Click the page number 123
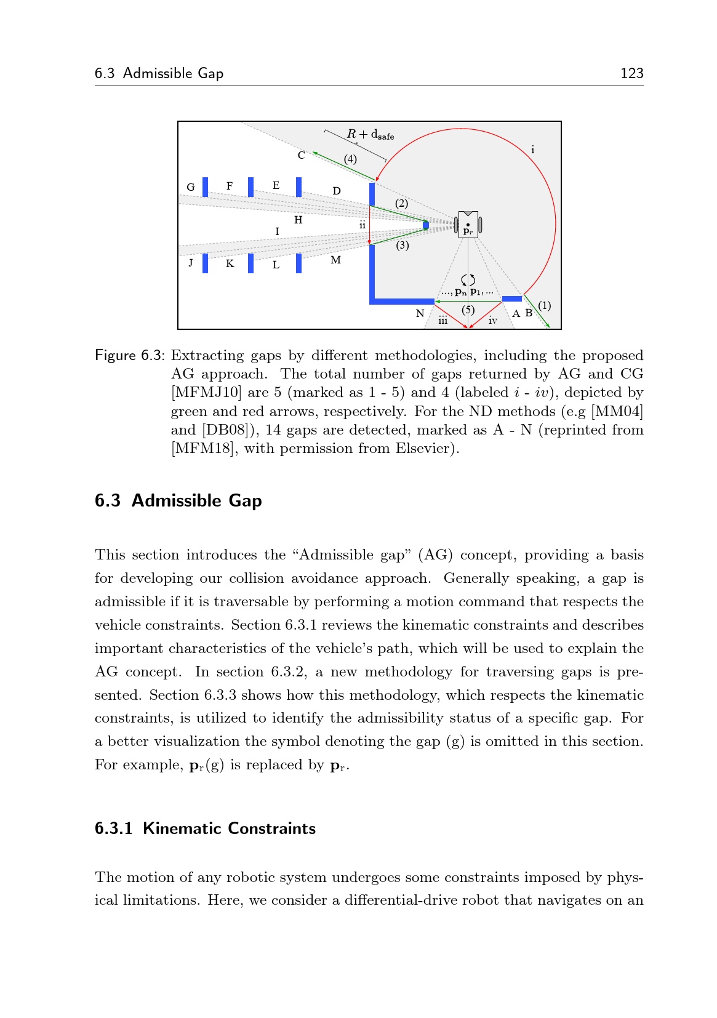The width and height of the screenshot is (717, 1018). pyautogui.click(x=631, y=73)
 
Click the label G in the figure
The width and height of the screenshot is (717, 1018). pyautogui.click(x=191, y=187)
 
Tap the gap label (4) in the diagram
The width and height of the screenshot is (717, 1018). pyautogui.click(x=350, y=159)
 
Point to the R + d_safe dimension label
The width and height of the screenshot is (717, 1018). pyautogui.click(x=370, y=134)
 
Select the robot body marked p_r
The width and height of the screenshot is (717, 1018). pyautogui.click(x=468, y=225)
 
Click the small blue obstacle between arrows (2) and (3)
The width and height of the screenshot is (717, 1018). pyautogui.click(x=426, y=225)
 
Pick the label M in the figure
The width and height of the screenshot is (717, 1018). pyautogui.click(x=335, y=260)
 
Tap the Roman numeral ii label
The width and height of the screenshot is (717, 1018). pyautogui.click(x=363, y=225)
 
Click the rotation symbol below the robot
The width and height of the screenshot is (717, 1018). pyautogui.click(x=468, y=280)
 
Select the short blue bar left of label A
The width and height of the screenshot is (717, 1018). pyautogui.click(x=512, y=299)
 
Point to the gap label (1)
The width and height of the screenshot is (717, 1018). pyautogui.click(x=544, y=305)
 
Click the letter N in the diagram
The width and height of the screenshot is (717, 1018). pyautogui.click(x=420, y=314)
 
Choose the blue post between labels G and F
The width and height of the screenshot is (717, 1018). pyautogui.click(x=206, y=186)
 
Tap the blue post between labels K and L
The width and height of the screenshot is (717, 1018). pyautogui.click(x=250, y=263)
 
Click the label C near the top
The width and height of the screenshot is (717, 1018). pyautogui.click(x=301, y=155)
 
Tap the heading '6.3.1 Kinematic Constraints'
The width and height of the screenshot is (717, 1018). pyautogui.click(x=205, y=828)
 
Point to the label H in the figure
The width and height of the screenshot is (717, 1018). pyautogui.click(x=298, y=220)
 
